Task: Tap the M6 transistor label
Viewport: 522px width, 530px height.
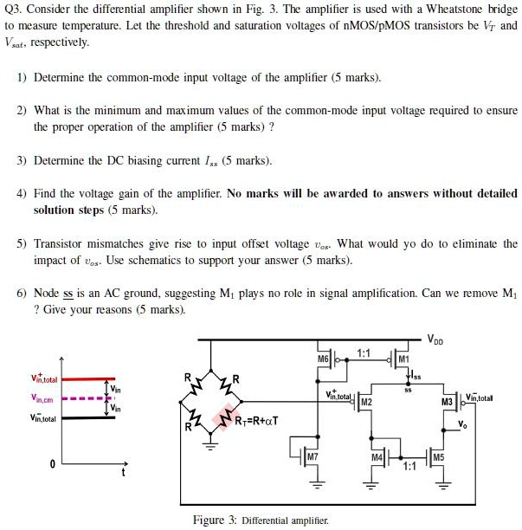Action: (x=323, y=359)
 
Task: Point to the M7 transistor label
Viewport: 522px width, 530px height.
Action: (x=313, y=456)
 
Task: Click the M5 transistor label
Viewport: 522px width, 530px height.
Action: (x=438, y=456)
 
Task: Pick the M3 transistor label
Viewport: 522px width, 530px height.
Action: (x=447, y=403)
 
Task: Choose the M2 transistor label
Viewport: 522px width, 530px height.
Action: (x=365, y=403)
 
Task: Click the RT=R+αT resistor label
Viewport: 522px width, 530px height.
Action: (x=255, y=422)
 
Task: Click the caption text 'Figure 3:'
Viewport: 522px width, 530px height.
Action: (x=213, y=519)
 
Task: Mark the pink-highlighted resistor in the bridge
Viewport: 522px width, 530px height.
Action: (x=230, y=415)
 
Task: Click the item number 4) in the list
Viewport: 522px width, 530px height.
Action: (x=22, y=193)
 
